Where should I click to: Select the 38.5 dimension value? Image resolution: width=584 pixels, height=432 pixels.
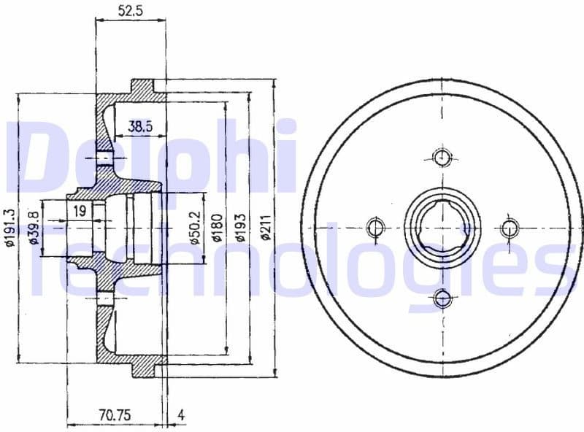coord(140,126)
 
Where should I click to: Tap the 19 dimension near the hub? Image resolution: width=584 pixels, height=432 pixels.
coord(81,212)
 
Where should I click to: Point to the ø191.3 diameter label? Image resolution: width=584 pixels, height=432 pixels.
coord(9,228)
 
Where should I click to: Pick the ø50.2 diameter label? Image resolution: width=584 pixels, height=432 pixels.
coord(194,227)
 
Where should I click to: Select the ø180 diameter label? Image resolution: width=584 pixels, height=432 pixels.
coord(217,228)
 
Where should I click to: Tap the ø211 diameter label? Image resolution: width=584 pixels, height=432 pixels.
coord(265,228)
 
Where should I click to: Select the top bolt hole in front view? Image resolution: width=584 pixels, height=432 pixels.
coord(442,158)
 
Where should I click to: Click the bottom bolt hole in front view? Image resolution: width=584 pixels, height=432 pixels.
coord(442,297)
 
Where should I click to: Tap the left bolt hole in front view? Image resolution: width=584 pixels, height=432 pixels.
coord(374,227)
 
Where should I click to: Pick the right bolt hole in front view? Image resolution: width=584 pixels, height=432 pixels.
coord(510,228)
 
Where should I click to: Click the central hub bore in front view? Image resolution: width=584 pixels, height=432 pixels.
coord(442,227)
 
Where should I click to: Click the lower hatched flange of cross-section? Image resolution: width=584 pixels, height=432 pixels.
coord(143,364)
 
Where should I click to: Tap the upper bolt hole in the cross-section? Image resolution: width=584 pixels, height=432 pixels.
coord(107,158)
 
